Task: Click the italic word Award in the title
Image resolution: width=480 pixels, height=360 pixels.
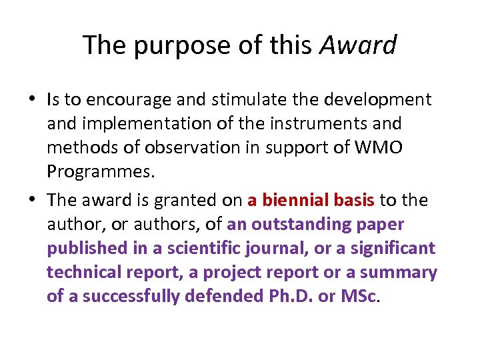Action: click(358, 45)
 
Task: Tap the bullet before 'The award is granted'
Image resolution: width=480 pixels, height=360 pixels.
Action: click(33, 200)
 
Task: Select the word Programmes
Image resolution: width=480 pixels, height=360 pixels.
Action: click(101, 171)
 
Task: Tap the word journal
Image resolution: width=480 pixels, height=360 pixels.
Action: click(281, 248)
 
